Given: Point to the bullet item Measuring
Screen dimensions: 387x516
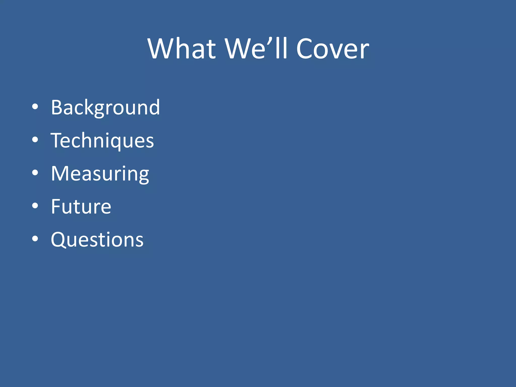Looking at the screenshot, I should pos(100,174).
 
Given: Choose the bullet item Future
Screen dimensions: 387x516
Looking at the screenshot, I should pos(81,207).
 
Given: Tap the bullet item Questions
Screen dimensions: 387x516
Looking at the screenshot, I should pos(97,240).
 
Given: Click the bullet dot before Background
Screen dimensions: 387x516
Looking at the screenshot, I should pos(35,107).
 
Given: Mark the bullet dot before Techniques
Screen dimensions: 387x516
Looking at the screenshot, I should pos(35,140).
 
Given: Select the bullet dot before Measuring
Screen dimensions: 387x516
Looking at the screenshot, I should pos(35,173).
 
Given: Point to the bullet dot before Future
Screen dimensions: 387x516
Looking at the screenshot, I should pos(35,206).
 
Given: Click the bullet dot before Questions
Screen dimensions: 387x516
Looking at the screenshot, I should pos(35,239).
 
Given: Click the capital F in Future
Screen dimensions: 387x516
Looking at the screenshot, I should pos(56,207).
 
